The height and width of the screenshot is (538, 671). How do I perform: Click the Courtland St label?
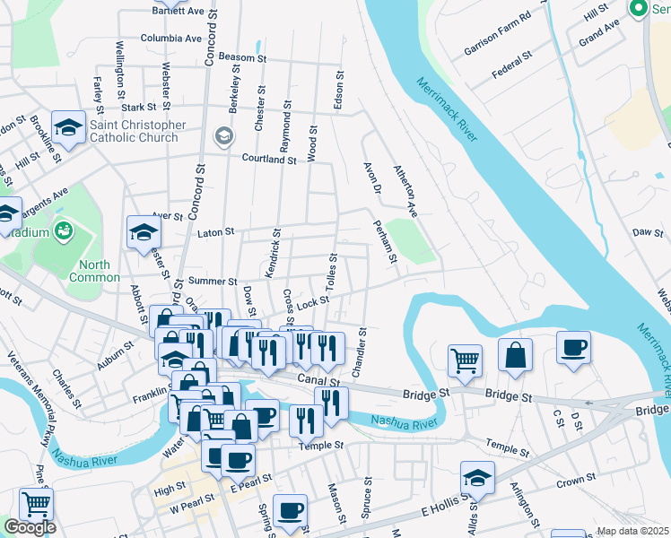[268, 159]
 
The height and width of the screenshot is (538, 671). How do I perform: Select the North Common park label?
[94, 271]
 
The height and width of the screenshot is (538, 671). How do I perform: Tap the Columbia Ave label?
[171, 39]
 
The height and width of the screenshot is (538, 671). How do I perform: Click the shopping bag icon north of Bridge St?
[516, 355]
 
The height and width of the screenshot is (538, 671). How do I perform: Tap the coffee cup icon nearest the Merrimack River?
[573, 348]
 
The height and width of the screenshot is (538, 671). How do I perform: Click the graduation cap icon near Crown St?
[477, 479]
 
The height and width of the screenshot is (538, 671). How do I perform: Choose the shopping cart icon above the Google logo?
[36, 504]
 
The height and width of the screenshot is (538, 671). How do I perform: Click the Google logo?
[30, 528]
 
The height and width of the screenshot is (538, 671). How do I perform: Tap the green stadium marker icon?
[63, 231]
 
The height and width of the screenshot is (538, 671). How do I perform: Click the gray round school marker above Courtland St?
[223, 136]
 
